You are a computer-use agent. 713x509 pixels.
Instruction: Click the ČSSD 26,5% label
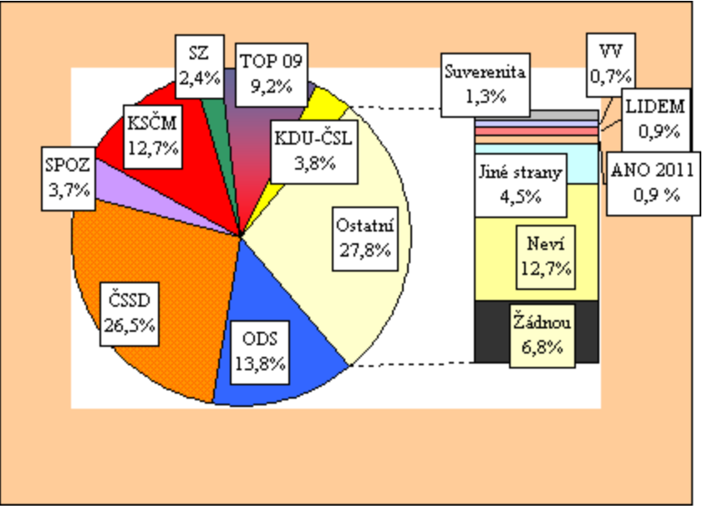point(133,310)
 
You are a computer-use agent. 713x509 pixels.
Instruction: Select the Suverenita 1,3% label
point(486,82)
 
